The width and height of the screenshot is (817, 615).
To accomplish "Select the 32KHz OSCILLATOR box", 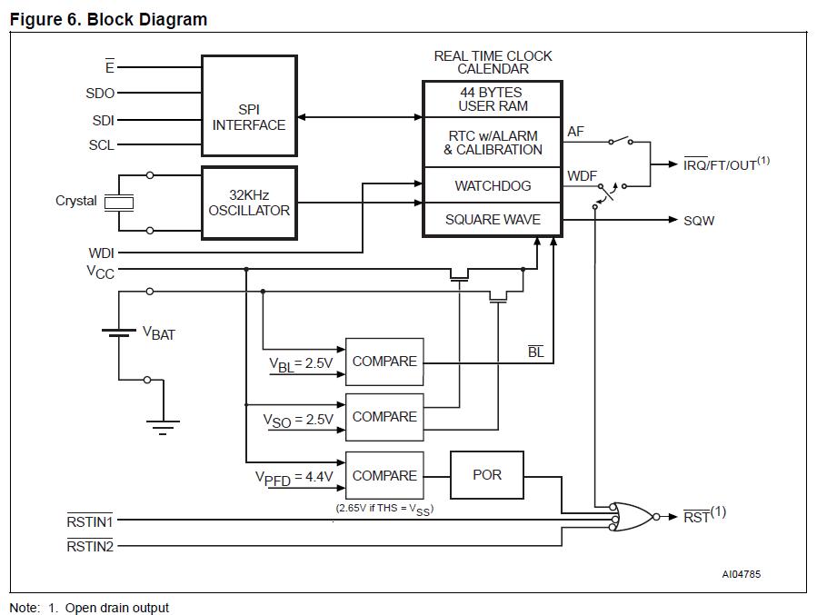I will tap(249, 203).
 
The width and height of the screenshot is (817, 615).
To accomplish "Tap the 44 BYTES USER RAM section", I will tap(493, 99).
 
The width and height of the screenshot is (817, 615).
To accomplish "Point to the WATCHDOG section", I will tap(493, 186).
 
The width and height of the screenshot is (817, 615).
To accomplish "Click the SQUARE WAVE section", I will tap(493, 220).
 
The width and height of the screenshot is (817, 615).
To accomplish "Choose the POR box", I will tap(487, 475).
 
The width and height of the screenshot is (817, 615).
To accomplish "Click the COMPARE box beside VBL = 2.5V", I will tap(384, 361).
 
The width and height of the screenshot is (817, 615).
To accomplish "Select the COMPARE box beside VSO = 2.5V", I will tap(384, 416).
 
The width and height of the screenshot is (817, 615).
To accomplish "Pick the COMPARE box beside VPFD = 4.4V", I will tap(384, 475).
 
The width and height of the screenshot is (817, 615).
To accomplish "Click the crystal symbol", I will tap(119, 203).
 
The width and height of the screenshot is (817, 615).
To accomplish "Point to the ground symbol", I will tap(164, 425).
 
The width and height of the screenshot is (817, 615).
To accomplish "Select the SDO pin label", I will tap(100, 93).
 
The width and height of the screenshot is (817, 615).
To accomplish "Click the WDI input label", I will tap(101, 253).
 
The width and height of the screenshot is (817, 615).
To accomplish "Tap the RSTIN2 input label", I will tap(89, 546).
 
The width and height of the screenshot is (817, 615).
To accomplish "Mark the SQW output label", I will tap(699, 221).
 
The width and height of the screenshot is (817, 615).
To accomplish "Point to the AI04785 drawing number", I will tap(741, 574).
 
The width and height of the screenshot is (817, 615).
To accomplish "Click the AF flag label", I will tap(575, 133).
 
